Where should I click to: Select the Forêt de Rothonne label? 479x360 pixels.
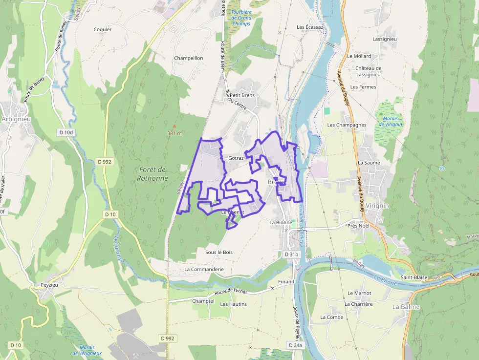(x=152, y=174)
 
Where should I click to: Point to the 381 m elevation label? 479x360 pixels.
(x=174, y=133)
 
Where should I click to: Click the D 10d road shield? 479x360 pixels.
(x=65, y=132)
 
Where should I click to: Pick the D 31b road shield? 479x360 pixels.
(x=291, y=254)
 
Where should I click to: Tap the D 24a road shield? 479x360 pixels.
(x=295, y=345)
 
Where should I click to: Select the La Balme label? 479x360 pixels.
(x=406, y=307)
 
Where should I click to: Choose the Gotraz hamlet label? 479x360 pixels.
(x=236, y=158)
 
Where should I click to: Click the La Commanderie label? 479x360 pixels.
(x=204, y=269)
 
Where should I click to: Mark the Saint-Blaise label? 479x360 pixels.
(x=414, y=277)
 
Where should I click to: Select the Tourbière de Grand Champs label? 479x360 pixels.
(x=241, y=18)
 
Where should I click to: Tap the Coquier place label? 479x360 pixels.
(x=103, y=29)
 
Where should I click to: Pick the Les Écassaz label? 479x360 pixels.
(x=310, y=27)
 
